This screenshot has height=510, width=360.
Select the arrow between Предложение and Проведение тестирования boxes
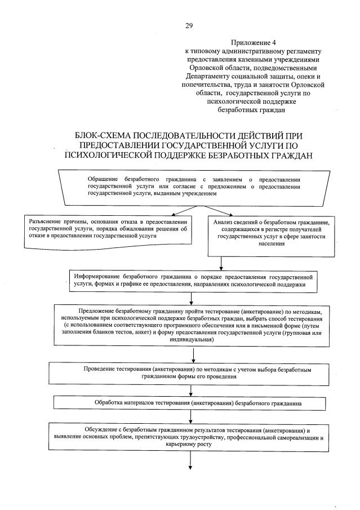click(x=194, y=354)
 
